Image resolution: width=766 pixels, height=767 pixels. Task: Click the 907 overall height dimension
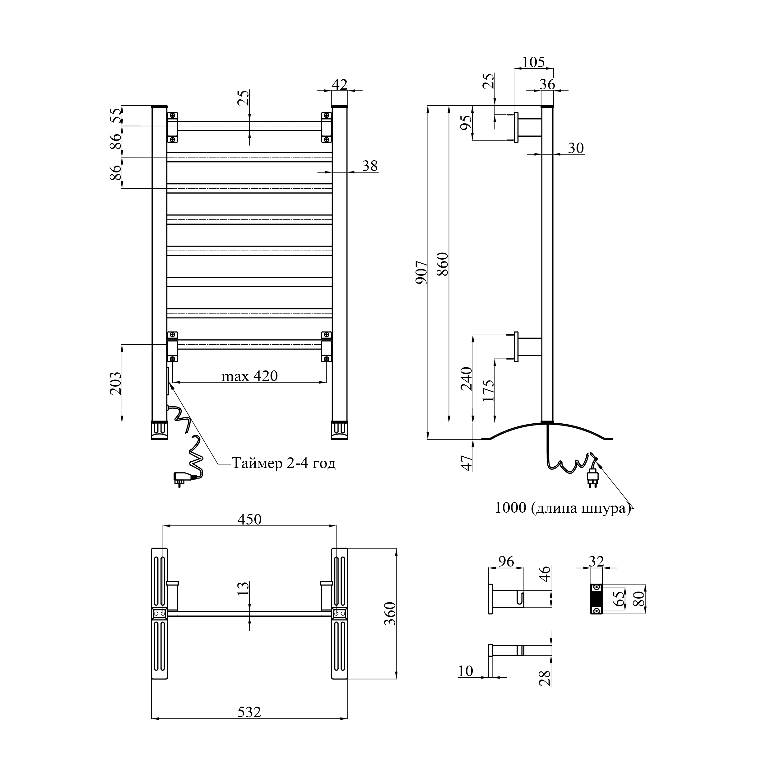tap(421, 272)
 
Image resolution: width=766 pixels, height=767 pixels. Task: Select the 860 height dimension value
tap(443, 264)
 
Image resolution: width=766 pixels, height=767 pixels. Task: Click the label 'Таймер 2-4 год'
tap(284, 463)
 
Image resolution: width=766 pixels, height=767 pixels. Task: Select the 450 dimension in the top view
tap(249, 519)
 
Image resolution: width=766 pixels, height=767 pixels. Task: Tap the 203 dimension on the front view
tap(115, 383)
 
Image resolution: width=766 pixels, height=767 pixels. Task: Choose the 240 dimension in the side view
tap(467, 379)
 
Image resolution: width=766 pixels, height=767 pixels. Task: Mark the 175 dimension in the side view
tap(489, 391)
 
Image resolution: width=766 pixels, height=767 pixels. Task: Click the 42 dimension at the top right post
tap(340, 85)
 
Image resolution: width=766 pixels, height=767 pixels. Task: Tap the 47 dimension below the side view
tap(468, 463)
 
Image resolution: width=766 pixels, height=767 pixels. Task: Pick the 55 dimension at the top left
tap(115, 115)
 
